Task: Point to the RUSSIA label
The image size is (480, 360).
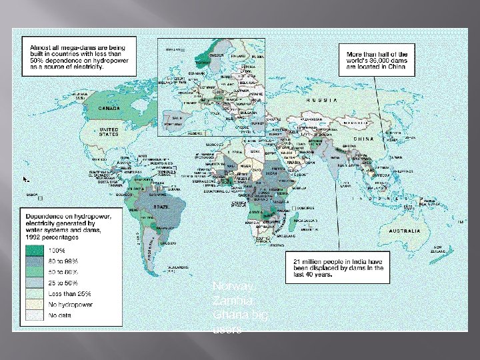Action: (321, 100)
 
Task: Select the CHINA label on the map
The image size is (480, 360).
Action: (363, 139)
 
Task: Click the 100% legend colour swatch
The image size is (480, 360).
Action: (35, 251)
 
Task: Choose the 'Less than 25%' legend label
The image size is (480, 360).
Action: (69, 293)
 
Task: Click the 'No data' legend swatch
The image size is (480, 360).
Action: (35, 315)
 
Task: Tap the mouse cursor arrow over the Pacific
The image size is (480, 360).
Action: (25, 179)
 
